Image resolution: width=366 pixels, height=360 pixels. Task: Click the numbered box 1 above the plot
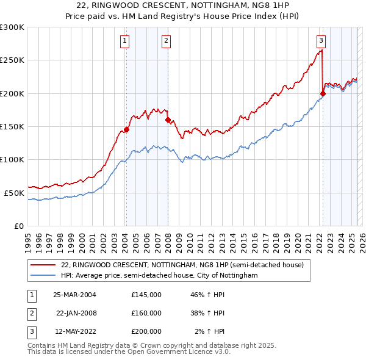[125, 41]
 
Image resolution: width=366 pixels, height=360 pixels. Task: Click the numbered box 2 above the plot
[166, 41]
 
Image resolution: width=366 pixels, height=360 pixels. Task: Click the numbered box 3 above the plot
[321, 41]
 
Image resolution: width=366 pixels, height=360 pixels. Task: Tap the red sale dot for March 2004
[126, 129]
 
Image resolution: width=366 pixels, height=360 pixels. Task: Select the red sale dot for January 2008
[167, 120]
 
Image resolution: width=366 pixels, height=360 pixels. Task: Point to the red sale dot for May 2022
[323, 93]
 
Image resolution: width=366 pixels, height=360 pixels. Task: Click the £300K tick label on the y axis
[12, 27]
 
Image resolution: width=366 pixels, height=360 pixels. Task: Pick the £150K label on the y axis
[12, 126]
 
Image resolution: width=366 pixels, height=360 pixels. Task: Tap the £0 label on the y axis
[19, 226]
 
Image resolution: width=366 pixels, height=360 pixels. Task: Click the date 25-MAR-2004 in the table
[75, 295]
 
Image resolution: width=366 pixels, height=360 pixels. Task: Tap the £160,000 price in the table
[146, 312]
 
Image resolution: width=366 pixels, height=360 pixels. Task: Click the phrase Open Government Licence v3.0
[180, 352]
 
